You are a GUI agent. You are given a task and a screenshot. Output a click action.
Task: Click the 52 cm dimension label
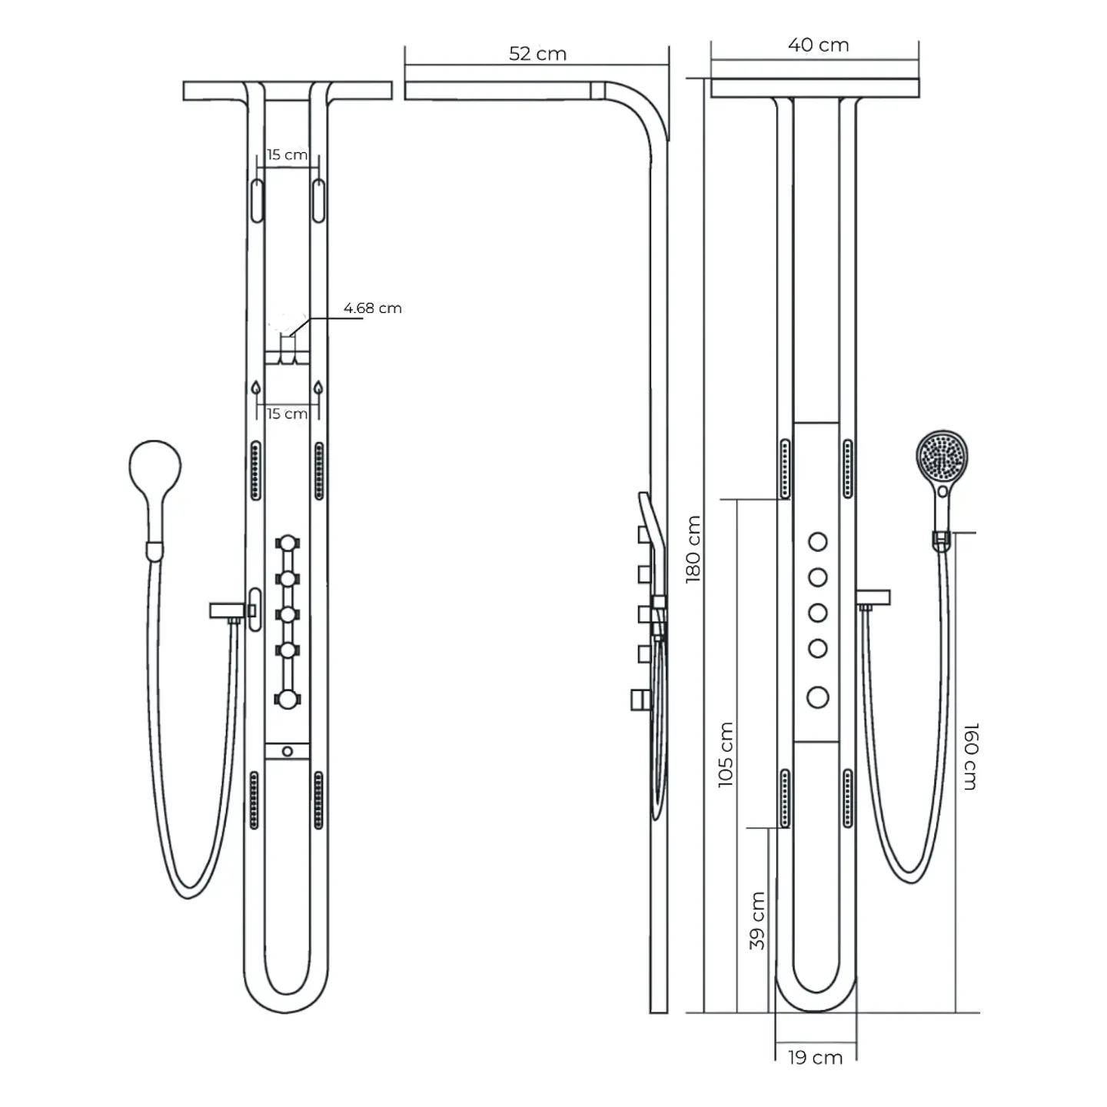click(x=537, y=54)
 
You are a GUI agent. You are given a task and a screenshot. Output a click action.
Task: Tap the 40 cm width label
click(x=819, y=45)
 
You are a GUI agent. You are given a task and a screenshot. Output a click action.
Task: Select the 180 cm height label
click(x=694, y=549)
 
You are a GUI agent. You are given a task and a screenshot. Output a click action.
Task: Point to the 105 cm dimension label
click(x=726, y=754)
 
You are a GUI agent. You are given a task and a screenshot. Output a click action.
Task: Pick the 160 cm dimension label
click(x=970, y=756)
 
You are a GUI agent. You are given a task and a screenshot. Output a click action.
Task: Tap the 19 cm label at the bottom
click(x=815, y=1074)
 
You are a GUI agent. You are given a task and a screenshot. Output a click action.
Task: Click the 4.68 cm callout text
click(x=373, y=308)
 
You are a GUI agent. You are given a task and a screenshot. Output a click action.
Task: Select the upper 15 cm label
click(x=287, y=155)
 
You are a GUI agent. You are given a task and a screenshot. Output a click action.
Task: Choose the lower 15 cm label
click(x=287, y=414)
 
